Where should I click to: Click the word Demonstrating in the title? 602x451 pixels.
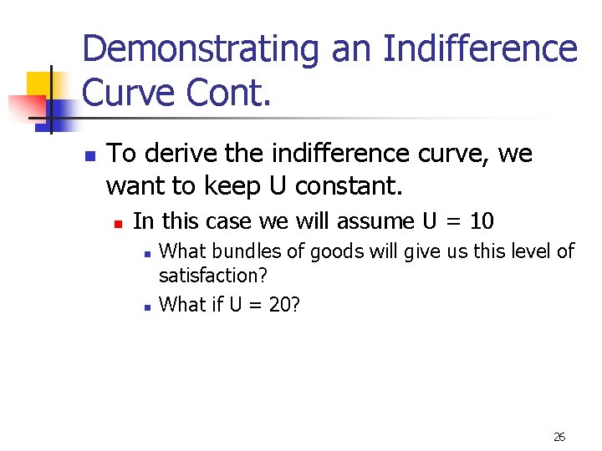(x=202, y=48)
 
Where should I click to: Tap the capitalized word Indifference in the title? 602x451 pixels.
(x=480, y=48)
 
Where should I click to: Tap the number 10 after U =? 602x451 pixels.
(x=482, y=221)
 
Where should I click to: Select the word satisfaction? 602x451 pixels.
(x=212, y=276)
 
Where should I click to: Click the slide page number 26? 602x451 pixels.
(x=559, y=437)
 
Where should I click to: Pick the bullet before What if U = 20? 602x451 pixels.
(x=145, y=307)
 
